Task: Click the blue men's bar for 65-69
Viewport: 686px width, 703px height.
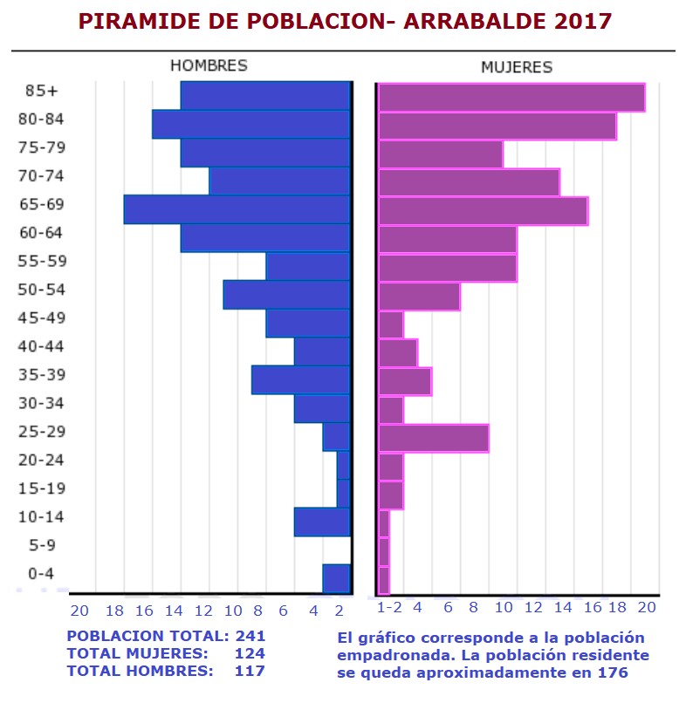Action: [x=237, y=209]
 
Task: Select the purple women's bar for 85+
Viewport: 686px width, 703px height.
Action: [x=511, y=97]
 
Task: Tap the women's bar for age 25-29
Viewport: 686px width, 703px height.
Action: [x=433, y=438]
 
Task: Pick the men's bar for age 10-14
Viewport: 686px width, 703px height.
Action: [x=322, y=522]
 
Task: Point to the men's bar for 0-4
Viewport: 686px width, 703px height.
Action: [x=336, y=578]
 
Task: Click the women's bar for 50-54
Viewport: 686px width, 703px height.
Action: [x=419, y=297]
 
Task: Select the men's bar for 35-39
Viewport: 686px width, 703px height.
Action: [x=301, y=379]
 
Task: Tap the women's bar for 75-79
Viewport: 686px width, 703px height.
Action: [x=440, y=154]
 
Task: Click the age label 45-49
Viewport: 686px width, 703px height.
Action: [x=42, y=317]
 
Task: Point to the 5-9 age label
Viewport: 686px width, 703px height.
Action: [x=42, y=545]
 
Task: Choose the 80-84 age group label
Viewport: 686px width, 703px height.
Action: [x=42, y=119]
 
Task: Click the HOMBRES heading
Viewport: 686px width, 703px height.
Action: [x=209, y=65]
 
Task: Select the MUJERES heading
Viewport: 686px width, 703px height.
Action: [x=517, y=67]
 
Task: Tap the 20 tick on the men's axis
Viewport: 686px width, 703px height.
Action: [x=79, y=611]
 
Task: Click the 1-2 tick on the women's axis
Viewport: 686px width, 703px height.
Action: [x=389, y=607]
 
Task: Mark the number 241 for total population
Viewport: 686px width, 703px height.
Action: [x=250, y=636]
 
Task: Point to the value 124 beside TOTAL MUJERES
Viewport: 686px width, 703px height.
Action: [x=250, y=653]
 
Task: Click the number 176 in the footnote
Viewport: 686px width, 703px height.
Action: [x=611, y=672]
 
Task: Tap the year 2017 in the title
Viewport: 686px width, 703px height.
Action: [x=582, y=21]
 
